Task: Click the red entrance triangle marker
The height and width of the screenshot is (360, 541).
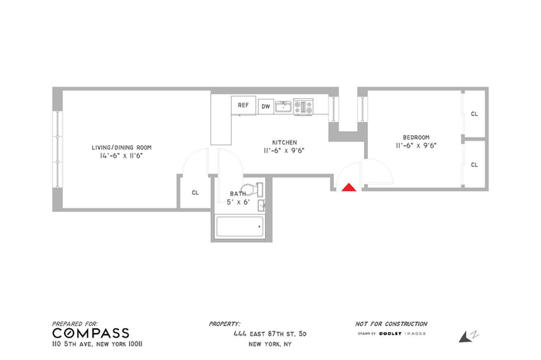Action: tap(349, 187)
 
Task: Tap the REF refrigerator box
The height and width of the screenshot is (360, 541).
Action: tap(243, 105)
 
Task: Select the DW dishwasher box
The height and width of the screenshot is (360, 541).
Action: tap(266, 107)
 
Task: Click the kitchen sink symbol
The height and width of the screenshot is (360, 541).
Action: tap(284, 107)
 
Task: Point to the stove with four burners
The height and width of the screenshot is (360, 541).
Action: tap(304, 107)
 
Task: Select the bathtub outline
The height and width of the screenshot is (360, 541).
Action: tap(240, 226)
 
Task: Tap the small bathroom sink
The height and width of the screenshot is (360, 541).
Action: tap(261, 205)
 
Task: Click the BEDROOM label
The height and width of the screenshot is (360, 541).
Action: tap(416, 138)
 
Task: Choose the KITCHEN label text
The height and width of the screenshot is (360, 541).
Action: tap(284, 142)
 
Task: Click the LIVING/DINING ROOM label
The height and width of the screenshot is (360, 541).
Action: tap(121, 148)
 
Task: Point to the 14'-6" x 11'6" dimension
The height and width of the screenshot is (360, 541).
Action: tap(121, 156)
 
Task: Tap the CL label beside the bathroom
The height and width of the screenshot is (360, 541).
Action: tap(196, 193)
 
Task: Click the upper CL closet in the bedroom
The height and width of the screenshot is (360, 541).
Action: tap(475, 114)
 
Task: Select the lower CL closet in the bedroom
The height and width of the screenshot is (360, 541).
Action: tap(475, 165)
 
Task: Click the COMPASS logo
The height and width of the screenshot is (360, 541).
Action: tap(91, 333)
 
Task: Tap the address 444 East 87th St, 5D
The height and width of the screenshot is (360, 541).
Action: tap(270, 334)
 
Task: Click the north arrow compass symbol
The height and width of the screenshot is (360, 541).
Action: tap(468, 336)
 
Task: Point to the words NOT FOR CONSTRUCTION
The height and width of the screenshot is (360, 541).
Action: tap(391, 324)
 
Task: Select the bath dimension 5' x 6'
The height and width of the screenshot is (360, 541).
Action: tap(238, 202)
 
